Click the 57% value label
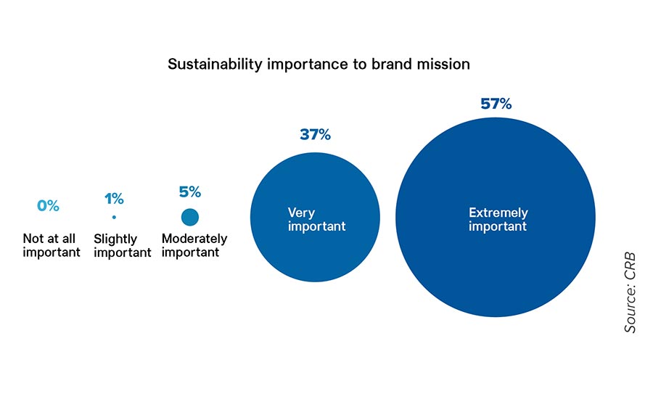pyautogui.click(x=496, y=103)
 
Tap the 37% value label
pyautogui.click(x=316, y=134)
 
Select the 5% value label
pyautogui.click(x=190, y=192)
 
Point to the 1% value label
pyautogui.click(x=114, y=199)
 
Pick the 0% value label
pyautogui.click(x=49, y=205)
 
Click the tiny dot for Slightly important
pyautogui.click(x=114, y=217)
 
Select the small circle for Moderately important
pyautogui.click(x=190, y=217)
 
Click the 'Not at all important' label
pyautogui.click(x=52, y=245)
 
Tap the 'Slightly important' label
pyautogui.click(x=122, y=246)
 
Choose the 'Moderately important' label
pyautogui.click(x=194, y=245)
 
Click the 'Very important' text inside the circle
pyautogui.click(x=316, y=220)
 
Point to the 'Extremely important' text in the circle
pyautogui.click(x=498, y=220)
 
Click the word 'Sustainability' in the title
pyautogui.click(x=215, y=65)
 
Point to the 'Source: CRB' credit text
pyautogui.click(x=630, y=292)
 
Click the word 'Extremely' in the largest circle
pyautogui.click(x=498, y=213)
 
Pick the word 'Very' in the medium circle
pyautogui.click(x=301, y=213)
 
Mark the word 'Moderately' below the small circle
pyautogui.click(x=194, y=239)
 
